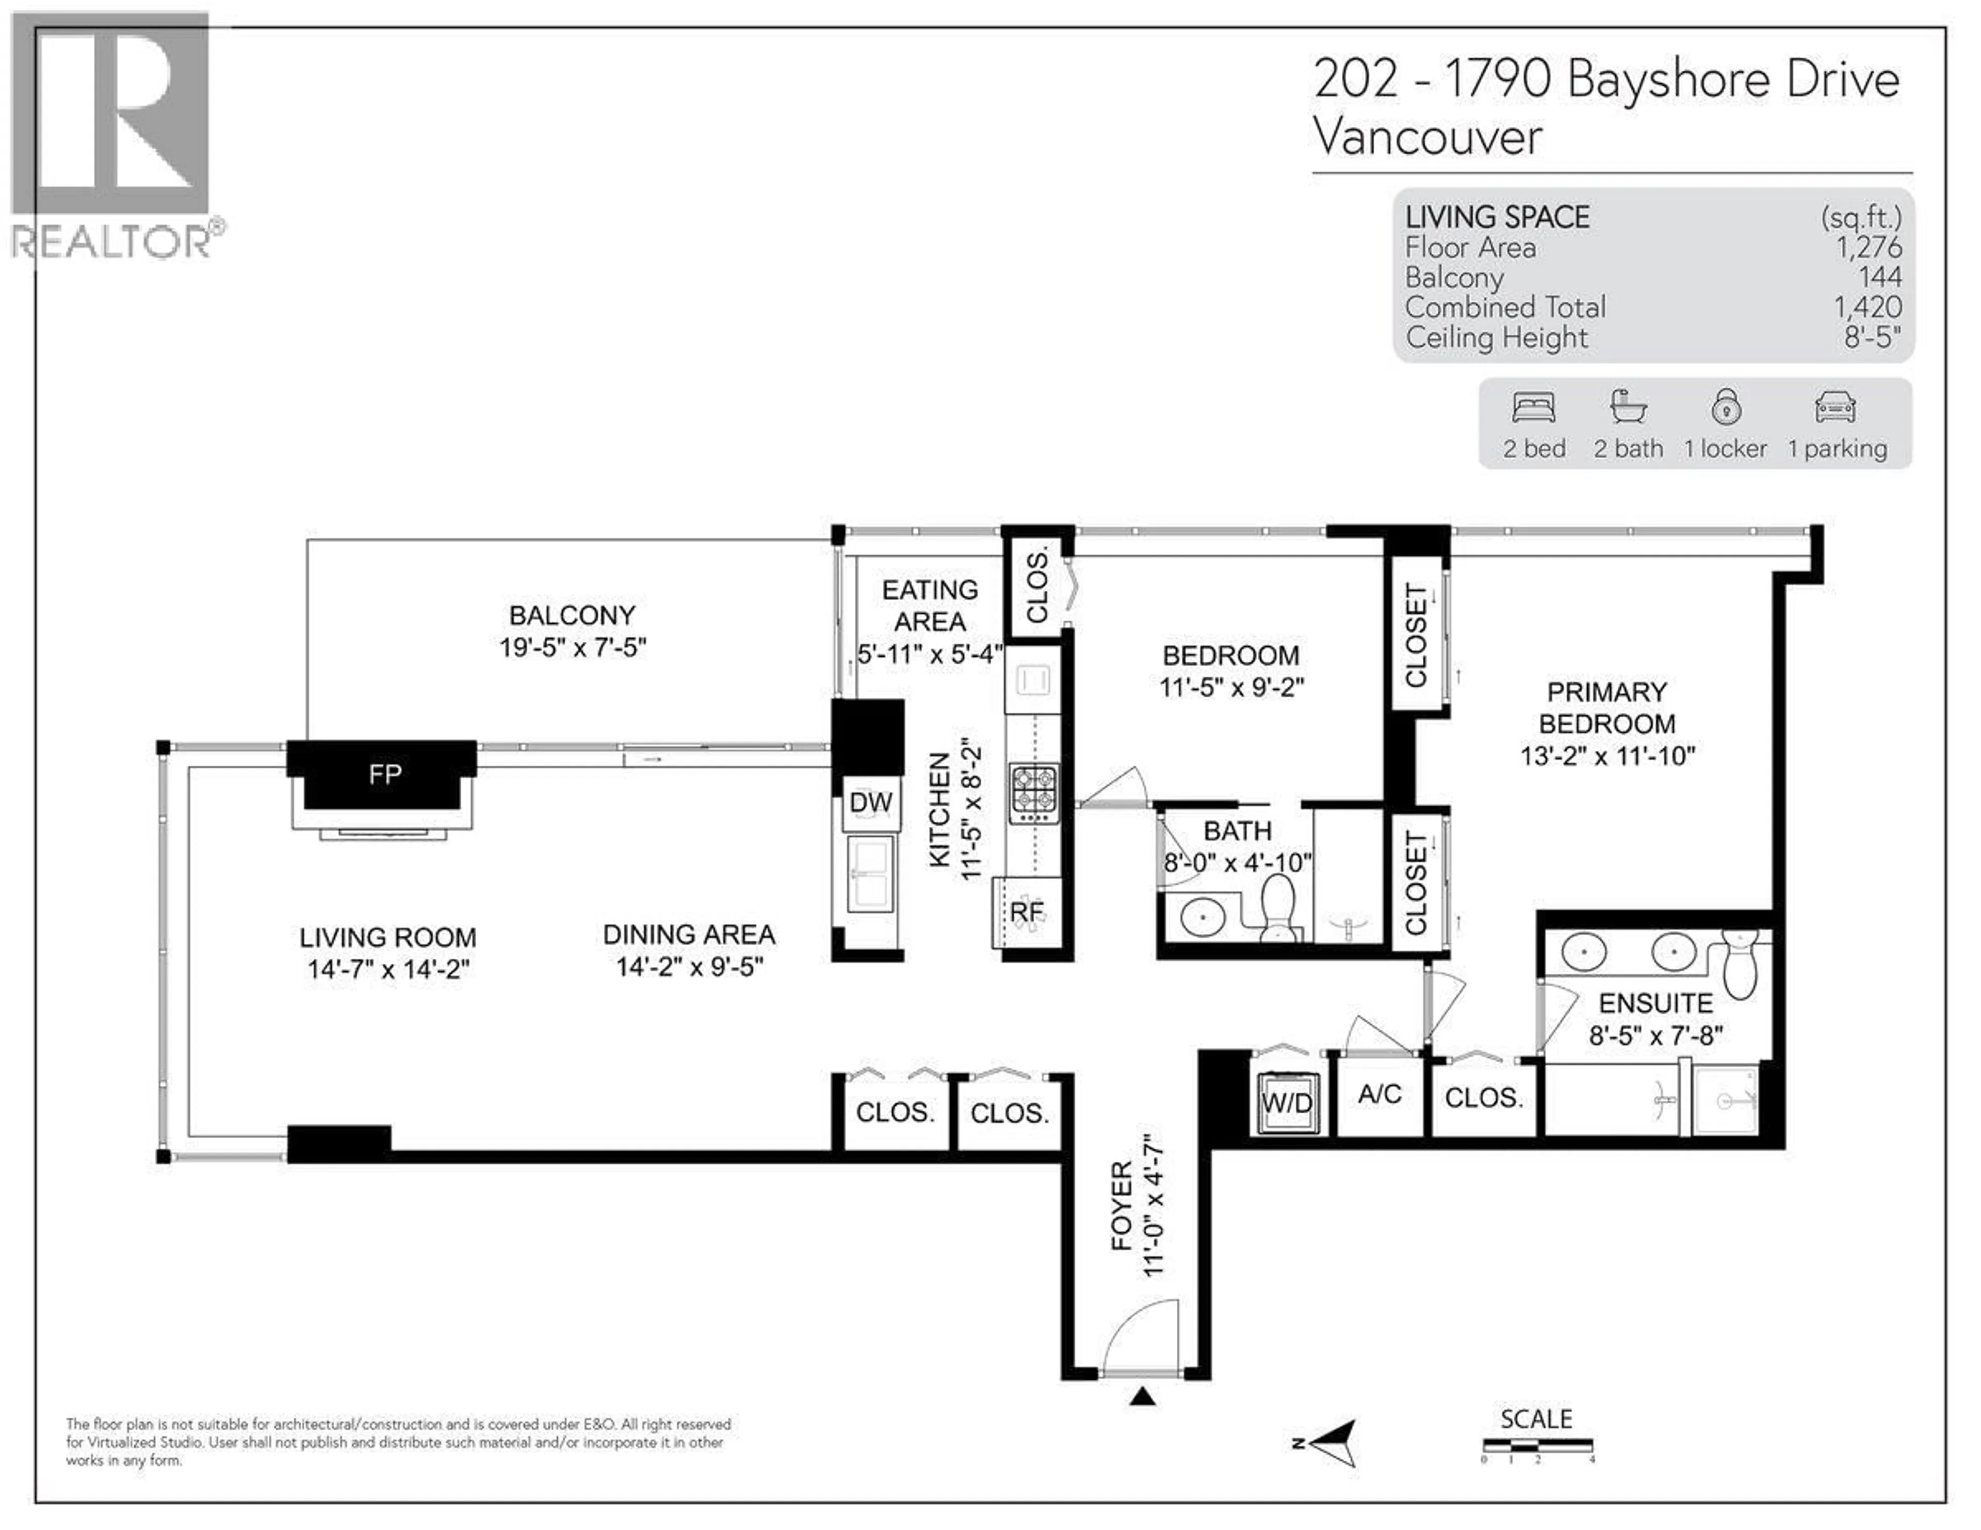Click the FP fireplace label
pos(384,774)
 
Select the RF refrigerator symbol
pos(1027,912)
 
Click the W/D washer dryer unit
pos(1287,1103)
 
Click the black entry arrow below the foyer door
pos(1142,1397)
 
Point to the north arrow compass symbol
pos(1329,1442)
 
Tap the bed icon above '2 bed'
pos(1534,408)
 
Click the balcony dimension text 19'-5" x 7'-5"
pos(572,647)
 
